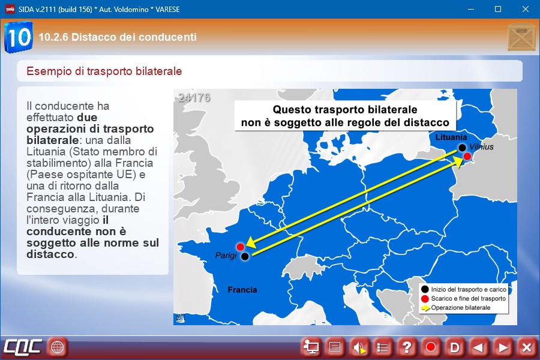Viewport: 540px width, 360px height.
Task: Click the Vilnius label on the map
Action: pyautogui.click(x=481, y=147)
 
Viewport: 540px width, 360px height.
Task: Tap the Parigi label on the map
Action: pyautogui.click(x=226, y=256)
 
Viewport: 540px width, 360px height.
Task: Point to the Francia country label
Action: pyautogui.click(x=242, y=290)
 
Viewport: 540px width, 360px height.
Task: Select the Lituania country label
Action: pyautogui.click(x=451, y=137)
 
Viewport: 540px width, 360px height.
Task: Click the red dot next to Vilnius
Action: pyautogui.click(x=467, y=157)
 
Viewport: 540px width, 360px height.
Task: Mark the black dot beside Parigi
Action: pyautogui.click(x=245, y=256)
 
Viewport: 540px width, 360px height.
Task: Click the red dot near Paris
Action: pyautogui.click(x=241, y=247)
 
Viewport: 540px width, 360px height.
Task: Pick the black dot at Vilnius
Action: pyautogui.click(x=462, y=148)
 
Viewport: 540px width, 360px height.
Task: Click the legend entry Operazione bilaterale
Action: pyautogui.click(x=460, y=308)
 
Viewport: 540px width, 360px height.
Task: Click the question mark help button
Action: pyautogui.click(x=406, y=347)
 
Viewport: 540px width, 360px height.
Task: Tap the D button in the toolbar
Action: pyautogui.click(x=455, y=347)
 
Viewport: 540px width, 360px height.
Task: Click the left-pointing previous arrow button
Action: pyautogui.click(x=478, y=347)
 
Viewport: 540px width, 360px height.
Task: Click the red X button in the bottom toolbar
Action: pyautogui.click(x=527, y=347)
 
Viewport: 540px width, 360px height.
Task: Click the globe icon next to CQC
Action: pyautogui.click(x=57, y=347)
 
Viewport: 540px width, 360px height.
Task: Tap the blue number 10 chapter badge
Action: pyautogui.click(x=19, y=37)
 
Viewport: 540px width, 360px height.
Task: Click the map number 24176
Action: pyautogui.click(x=194, y=98)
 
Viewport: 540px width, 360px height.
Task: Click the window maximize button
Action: pyautogui.click(x=498, y=9)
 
